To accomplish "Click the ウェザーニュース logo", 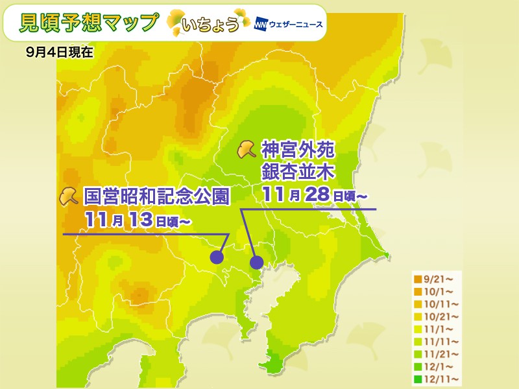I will (289, 25).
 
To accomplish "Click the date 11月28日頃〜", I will (315, 193).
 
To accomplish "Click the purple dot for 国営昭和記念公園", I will (217, 257).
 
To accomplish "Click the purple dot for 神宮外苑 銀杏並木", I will (257, 262).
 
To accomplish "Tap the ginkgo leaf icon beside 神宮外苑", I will (246, 150).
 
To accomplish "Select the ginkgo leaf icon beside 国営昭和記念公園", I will (69, 196).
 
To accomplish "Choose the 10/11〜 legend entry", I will (437, 303).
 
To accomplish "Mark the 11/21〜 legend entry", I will (437, 353).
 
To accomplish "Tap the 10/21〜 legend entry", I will (437, 316).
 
